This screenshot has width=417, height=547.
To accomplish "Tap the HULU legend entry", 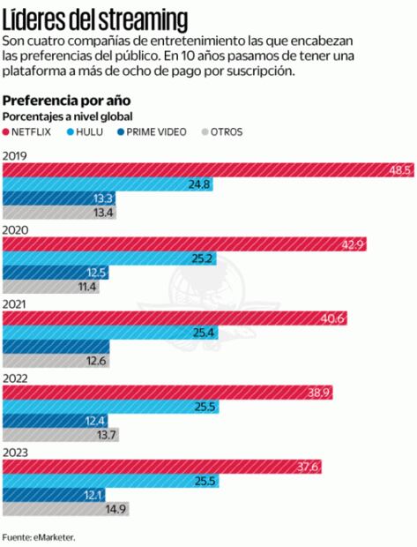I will click(x=86, y=131).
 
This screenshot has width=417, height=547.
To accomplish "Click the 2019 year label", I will click(x=14, y=155).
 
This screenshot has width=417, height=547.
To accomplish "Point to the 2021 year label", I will click(x=14, y=303).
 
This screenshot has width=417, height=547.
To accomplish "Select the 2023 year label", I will click(x=14, y=452).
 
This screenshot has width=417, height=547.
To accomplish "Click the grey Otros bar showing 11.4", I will click(x=48, y=287).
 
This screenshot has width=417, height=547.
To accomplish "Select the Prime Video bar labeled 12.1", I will click(x=53, y=494).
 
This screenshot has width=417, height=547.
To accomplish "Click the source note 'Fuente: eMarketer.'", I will click(x=38, y=536).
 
